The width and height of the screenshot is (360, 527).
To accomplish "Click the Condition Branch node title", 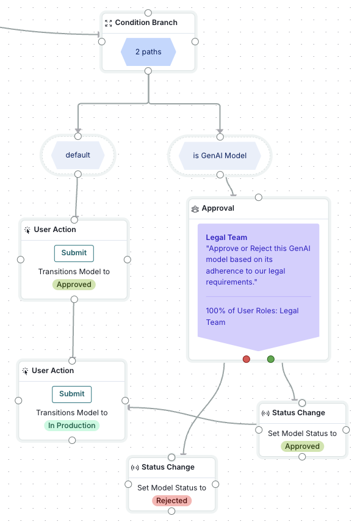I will [146, 23].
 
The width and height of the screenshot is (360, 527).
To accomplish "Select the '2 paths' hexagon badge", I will [148, 52].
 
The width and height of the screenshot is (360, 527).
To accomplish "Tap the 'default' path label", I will [77, 155].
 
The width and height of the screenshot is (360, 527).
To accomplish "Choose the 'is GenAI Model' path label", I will [220, 156].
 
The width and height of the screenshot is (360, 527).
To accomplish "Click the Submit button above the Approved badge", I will [74, 253].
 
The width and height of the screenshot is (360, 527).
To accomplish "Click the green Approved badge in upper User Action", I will [74, 285].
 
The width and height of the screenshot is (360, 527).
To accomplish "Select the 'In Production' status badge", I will [72, 426].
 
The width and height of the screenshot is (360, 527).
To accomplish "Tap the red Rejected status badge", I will [171, 501].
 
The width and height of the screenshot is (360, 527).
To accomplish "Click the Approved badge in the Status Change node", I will [302, 446].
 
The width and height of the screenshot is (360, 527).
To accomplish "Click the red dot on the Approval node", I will [247, 359].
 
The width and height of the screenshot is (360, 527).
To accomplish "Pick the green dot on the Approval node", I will [271, 359].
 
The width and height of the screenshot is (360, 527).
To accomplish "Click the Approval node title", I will [218, 208].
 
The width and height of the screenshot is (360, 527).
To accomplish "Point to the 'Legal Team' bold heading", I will [226, 238].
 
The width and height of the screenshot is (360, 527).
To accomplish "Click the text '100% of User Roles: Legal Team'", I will [252, 316].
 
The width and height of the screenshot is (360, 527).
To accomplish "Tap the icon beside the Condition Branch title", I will [109, 23].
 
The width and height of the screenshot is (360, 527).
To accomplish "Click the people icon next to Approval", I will [195, 209].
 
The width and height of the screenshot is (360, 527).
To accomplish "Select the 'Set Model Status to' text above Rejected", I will [171, 487].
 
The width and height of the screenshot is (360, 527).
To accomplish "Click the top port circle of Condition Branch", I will [148, 13].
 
